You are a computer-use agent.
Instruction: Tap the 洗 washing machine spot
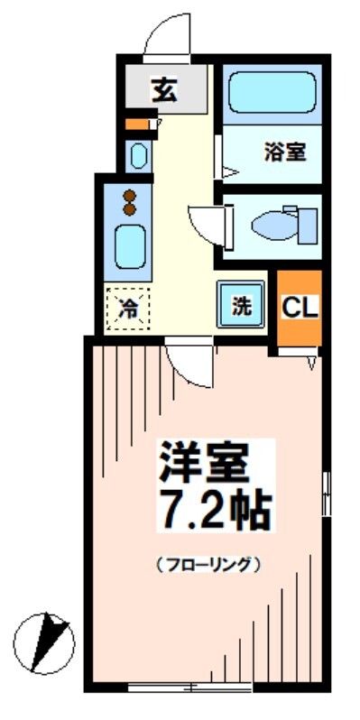(241, 306)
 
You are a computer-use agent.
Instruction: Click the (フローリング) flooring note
(208, 566)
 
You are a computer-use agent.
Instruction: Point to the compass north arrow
(46, 642)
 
